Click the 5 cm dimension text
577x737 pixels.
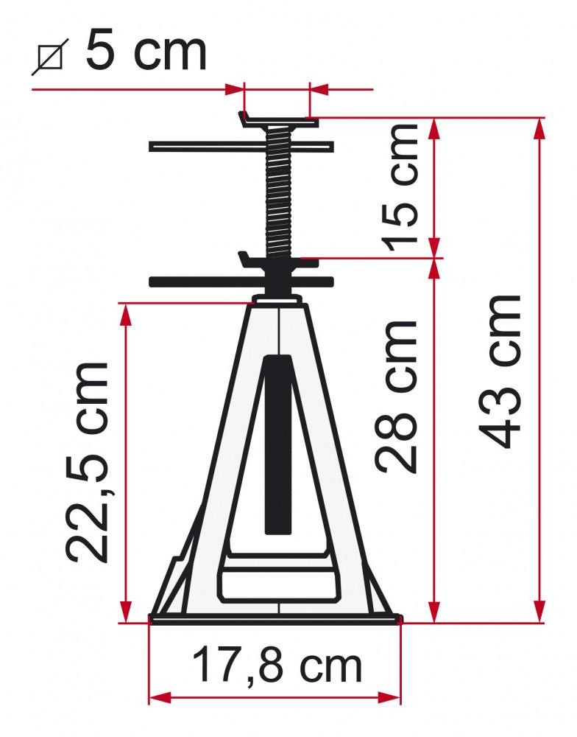pyautogui.click(x=146, y=50)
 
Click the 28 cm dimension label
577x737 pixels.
pyautogui.click(x=397, y=397)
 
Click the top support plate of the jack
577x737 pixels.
pyautogui.click(x=280, y=119)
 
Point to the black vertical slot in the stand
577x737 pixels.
pyautogui.click(x=277, y=442)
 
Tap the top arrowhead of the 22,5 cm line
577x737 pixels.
pyautogui.click(x=126, y=314)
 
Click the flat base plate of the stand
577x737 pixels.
pyautogui.click(x=276, y=619)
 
